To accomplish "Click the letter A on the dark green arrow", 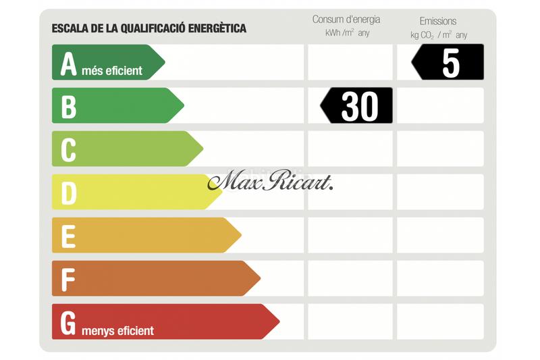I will coord(68,63).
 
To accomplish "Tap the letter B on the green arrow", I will coord(68,107).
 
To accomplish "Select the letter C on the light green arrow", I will coord(68,150).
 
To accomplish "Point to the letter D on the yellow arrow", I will coord(68,193).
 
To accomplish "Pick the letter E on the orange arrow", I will coord(68,236).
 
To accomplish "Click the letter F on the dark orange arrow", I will coord(68,280).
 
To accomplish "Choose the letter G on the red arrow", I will coord(68,323).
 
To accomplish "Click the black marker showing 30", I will coord(358,106).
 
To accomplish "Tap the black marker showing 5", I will coord(449,63).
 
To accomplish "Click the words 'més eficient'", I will coord(113,70).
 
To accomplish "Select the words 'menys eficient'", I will coord(117,331).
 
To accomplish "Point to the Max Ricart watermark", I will coord(270,182).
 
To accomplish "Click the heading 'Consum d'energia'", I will coord(346,20).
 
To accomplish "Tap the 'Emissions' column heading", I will coord(438,21).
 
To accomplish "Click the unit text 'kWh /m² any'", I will coord(346,33).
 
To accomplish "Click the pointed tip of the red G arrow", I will coord(278,322).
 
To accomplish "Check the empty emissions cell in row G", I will coord(440,322).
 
